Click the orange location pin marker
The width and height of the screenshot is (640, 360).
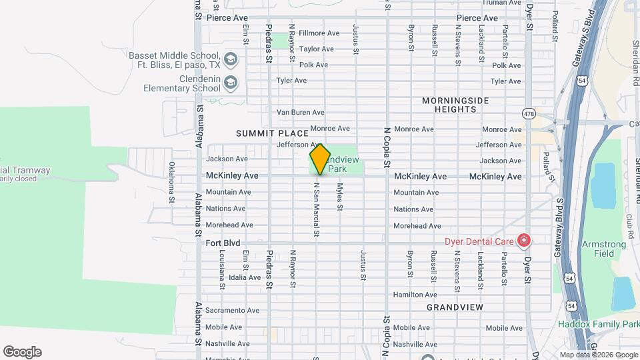320,159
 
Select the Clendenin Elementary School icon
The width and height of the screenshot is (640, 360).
231,83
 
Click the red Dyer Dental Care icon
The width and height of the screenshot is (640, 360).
524,239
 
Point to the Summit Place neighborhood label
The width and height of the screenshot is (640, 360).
272,134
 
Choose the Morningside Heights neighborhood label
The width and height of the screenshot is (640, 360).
455,105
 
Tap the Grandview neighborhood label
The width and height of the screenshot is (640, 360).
455,307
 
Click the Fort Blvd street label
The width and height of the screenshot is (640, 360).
223,243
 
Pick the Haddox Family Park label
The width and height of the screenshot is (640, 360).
598,324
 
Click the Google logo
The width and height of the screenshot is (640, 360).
22,351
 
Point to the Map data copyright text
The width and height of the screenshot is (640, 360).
597,355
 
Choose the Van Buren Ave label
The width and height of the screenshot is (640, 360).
300,112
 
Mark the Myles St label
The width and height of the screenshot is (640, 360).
339,197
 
